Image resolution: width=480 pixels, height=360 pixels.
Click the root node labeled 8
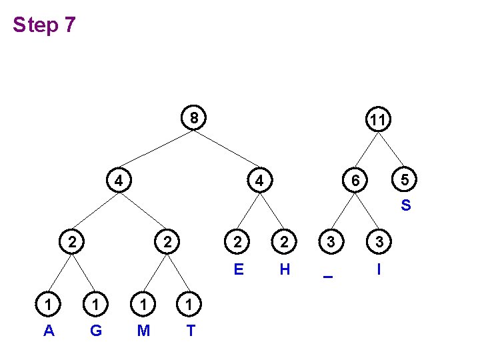(193, 118)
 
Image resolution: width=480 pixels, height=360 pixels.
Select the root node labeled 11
(377, 120)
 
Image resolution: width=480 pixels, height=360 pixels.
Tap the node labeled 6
(357, 180)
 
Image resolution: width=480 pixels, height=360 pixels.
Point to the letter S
(405, 206)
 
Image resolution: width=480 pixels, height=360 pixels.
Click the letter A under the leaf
(48, 331)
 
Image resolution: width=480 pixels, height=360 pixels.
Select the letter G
(95, 331)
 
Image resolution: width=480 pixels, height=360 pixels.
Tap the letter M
(143, 331)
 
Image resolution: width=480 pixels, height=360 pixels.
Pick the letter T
(191, 331)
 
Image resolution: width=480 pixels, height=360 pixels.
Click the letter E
(238, 270)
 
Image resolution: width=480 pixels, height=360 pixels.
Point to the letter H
(285, 270)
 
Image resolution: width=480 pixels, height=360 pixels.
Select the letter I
(379, 270)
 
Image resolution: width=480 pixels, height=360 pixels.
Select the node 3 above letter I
(379, 242)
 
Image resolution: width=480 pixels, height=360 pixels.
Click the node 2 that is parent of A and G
(71, 241)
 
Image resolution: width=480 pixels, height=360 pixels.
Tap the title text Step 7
(44, 25)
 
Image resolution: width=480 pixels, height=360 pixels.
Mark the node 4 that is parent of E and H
(261, 180)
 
